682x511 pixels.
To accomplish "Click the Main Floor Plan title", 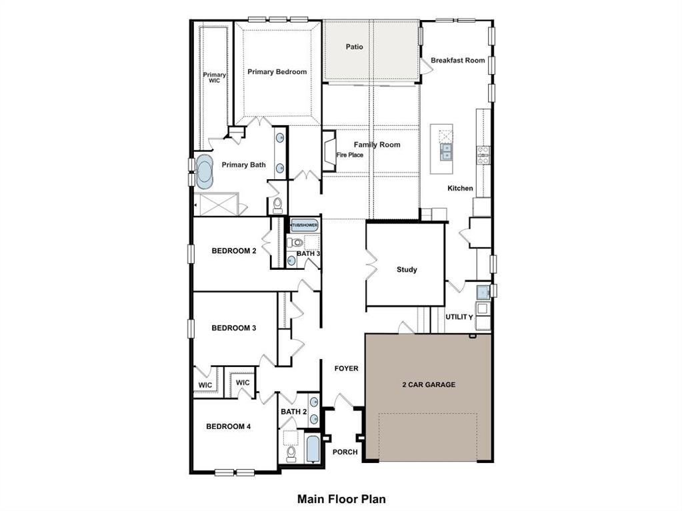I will pyautogui.click(x=341, y=498).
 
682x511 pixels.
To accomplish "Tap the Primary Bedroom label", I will pyautogui.click(x=277, y=72).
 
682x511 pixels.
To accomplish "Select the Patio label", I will pyautogui.click(x=355, y=47).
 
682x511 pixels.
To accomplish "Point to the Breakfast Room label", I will pyautogui.click(x=457, y=61).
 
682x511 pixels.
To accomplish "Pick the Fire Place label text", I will pyautogui.click(x=349, y=155).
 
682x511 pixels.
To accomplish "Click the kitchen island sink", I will pyautogui.click(x=444, y=153).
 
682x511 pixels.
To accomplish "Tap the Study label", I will pyautogui.click(x=407, y=270).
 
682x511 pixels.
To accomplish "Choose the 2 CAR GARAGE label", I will pyautogui.click(x=429, y=384).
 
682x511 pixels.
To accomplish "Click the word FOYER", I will pyautogui.click(x=346, y=368).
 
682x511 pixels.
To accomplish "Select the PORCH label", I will pyautogui.click(x=345, y=452).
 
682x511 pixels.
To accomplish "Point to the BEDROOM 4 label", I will pyautogui.click(x=228, y=426).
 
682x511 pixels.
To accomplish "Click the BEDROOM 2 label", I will pyautogui.click(x=234, y=251).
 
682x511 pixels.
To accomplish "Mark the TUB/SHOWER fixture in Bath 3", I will pyautogui.click(x=304, y=226).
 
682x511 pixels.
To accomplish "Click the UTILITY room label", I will pyautogui.click(x=459, y=317).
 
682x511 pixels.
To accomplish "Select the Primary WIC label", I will pyautogui.click(x=214, y=78).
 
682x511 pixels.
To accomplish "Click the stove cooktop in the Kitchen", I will pyautogui.click(x=483, y=155).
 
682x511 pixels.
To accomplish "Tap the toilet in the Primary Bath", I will pyautogui.click(x=278, y=204).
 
